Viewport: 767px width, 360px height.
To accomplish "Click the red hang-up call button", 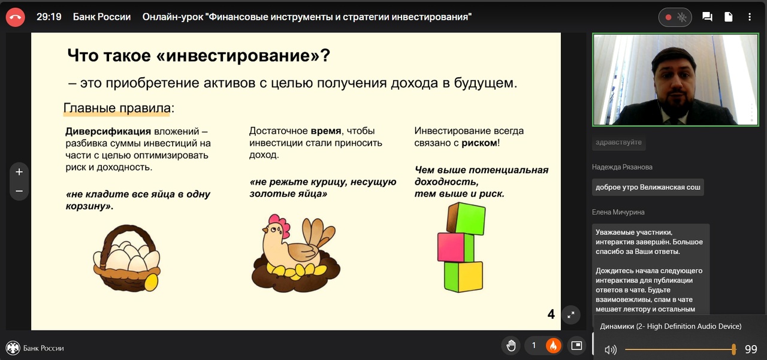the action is coord(15,17).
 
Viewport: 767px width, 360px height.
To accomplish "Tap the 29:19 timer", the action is coord(49,17).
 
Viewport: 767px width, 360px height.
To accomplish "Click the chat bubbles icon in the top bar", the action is coord(707,16).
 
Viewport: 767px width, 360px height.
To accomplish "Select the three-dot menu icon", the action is coord(750,17).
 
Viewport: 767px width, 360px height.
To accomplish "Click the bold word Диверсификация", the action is coord(108,131).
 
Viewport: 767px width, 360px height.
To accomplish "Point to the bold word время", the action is coord(325,131).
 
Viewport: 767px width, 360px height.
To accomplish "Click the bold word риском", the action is coord(479,143).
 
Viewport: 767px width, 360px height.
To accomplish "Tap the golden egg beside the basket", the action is coord(152,282).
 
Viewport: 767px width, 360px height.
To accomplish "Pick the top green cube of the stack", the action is coord(466,218).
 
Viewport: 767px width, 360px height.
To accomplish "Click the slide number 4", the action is coord(551,314).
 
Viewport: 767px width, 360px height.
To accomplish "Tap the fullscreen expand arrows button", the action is coord(571,315).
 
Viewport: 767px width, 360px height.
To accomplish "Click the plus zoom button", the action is coord(19,172).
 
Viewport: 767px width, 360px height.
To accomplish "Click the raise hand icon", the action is coord(511,346).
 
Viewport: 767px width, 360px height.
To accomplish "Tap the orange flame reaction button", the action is coord(553,346).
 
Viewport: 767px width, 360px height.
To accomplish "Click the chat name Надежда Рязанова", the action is coord(622,167).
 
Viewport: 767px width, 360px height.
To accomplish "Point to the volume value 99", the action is coord(751,349).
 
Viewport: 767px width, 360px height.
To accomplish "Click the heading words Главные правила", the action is coord(117,108).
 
